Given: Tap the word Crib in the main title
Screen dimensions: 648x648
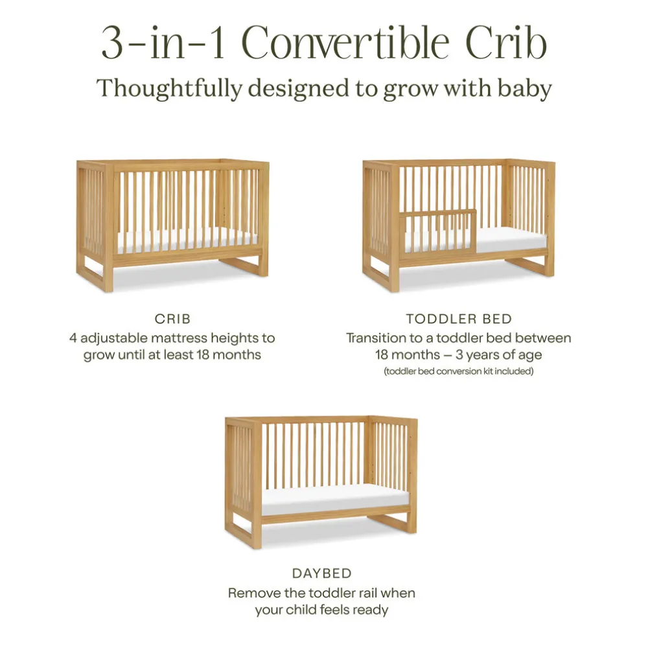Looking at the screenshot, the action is (507, 43).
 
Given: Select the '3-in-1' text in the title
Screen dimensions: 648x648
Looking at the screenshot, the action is (163, 43).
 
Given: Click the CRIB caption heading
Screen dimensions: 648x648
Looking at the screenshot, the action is (172, 319).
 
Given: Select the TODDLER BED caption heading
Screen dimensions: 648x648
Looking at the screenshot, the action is (459, 319).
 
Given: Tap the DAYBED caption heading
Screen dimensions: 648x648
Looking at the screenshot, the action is (321, 573).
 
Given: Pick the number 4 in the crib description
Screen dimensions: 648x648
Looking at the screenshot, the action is (73, 338).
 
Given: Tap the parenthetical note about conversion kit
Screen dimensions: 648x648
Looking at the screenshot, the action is (459, 371).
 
